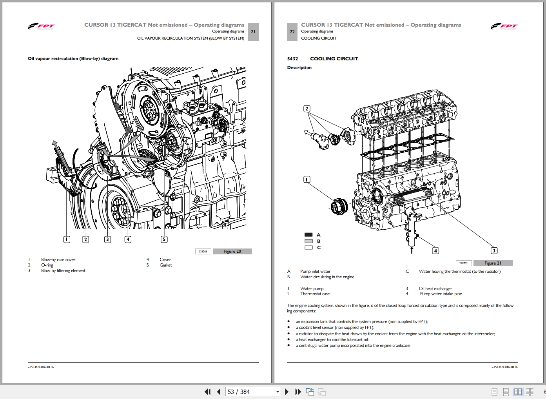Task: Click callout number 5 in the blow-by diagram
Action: pyautogui.click(x=164, y=239)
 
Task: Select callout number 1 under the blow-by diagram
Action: pyautogui.click(x=67, y=239)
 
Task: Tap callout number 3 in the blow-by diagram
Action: pyautogui.click(x=107, y=239)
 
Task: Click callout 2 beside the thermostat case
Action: pyautogui.click(x=307, y=109)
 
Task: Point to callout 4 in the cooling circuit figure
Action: pyautogui.click(x=435, y=250)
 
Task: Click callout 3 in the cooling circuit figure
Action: pyautogui.click(x=494, y=250)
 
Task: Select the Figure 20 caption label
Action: pyautogui.click(x=232, y=251)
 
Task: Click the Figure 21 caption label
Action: pyautogui.click(x=493, y=263)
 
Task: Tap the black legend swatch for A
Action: pyautogui.click(x=308, y=235)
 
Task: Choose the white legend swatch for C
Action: pyautogui.click(x=308, y=247)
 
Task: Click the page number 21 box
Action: pyautogui.click(x=253, y=32)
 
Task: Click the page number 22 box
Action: pyautogui.click(x=292, y=32)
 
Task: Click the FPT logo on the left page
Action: pyautogui.click(x=41, y=27)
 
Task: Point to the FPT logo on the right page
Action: pyautogui.click(x=504, y=27)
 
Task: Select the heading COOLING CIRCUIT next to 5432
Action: pyautogui.click(x=334, y=59)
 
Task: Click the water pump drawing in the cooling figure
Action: pyautogui.click(x=339, y=206)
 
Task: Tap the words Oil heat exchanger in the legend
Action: pyautogui.click(x=435, y=288)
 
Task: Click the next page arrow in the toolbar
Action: pyautogui.click(x=287, y=392)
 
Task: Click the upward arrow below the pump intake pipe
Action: pyautogui.click(x=412, y=250)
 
